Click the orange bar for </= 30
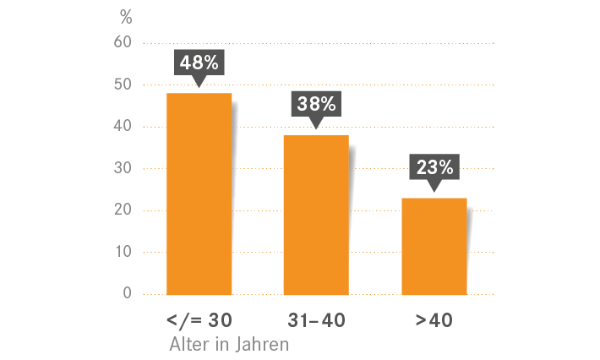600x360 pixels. tap(199, 194)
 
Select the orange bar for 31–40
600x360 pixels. tap(316, 215)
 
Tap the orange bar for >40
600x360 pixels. tap(434, 246)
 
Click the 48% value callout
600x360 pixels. tap(199, 62)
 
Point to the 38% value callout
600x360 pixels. tap(316, 104)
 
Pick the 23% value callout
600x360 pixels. tap(434, 166)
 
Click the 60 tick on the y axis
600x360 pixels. tap(123, 42)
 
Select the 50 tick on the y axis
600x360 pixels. tap(123, 85)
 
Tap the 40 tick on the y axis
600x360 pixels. tap(123, 127)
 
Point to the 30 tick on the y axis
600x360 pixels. tap(123, 168)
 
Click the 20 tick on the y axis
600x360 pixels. tap(123, 210)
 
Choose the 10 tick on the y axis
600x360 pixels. tap(123, 252)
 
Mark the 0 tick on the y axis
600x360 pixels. tap(127, 294)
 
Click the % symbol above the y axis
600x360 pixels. tap(127, 17)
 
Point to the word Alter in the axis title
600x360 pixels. tap(188, 345)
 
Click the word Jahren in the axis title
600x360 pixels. tap(261, 345)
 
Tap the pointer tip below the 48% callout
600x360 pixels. tap(199, 86)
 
